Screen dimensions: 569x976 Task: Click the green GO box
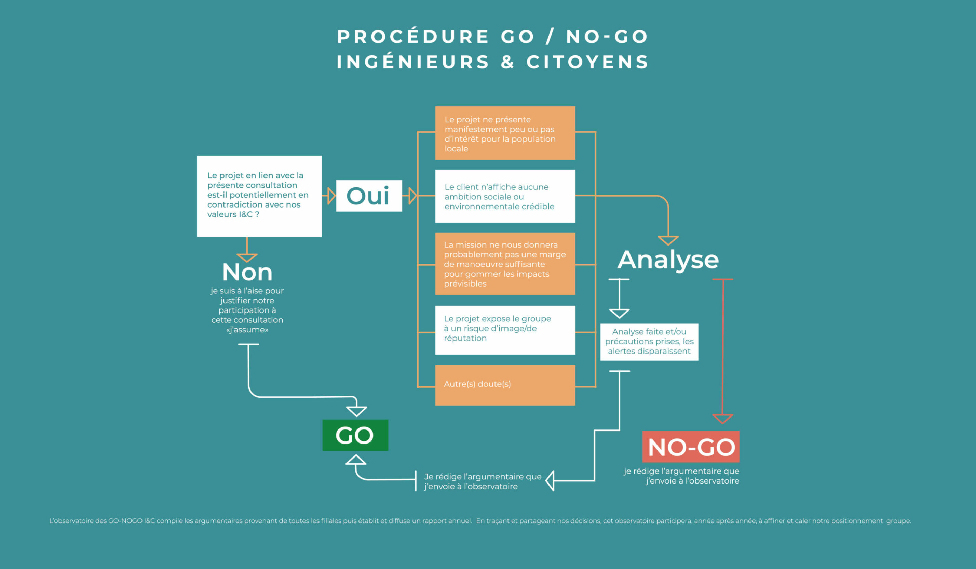pyautogui.click(x=355, y=435)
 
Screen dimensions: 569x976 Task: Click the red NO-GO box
pyautogui.click(x=691, y=447)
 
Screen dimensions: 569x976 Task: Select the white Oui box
pyautogui.click(x=369, y=196)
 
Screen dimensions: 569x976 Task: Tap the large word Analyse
pyautogui.click(x=668, y=260)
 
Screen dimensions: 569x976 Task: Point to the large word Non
pyautogui.click(x=247, y=272)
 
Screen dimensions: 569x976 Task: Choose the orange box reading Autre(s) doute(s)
pyautogui.click(x=505, y=385)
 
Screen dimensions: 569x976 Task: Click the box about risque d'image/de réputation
pyautogui.click(x=505, y=330)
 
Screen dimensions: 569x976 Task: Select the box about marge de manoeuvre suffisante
pyautogui.click(x=505, y=264)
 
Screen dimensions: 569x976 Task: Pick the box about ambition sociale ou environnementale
pyautogui.click(x=505, y=196)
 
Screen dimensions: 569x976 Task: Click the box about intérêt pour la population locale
pyautogui.click(x=505, y=133)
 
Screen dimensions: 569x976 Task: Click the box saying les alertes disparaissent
pyautogui.click(x=649, y=342)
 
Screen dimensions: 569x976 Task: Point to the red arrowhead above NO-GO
pyautogui.click(x=723, y=419)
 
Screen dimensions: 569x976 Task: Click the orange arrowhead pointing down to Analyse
pyautogui.click(x=668, y=240)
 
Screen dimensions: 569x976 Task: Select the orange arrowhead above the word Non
pyautogui.click(x=247, y=258)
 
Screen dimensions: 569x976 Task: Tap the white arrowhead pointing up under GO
pyautogui.click(x=355, y=460)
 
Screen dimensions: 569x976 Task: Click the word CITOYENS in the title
pyautogui.click(x=587, y=62)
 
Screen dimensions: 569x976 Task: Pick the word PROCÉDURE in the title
pyautogui.click(x=413, y=37)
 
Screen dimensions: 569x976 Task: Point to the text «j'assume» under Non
pyautogui.click(x=247, y=330)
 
